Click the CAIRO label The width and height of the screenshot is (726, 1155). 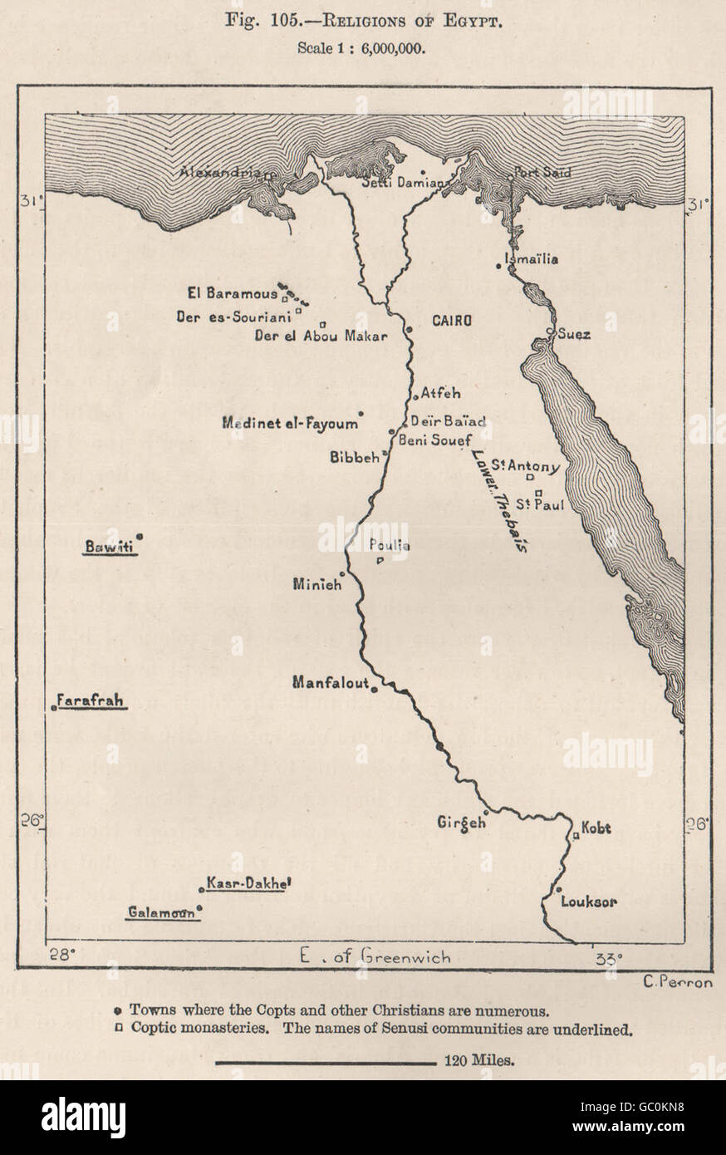[x=451, y=320]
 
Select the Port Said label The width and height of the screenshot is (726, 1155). [x=542, y=173]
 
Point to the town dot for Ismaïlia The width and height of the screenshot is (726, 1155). [x=498, y=265]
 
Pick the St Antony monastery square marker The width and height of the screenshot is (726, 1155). [x=530, y=478]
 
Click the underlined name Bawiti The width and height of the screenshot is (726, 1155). [x=108, y=547]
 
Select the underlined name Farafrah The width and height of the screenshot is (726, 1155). [x=91, y=700]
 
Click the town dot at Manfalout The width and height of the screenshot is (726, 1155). [x=375, y=689]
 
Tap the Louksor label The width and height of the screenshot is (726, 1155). [x=588, y=902]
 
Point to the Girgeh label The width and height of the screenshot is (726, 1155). [x=460, y=823]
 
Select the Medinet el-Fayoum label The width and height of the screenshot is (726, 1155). [x=290, y=423]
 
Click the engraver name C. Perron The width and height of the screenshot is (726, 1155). [x=678, y=982]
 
